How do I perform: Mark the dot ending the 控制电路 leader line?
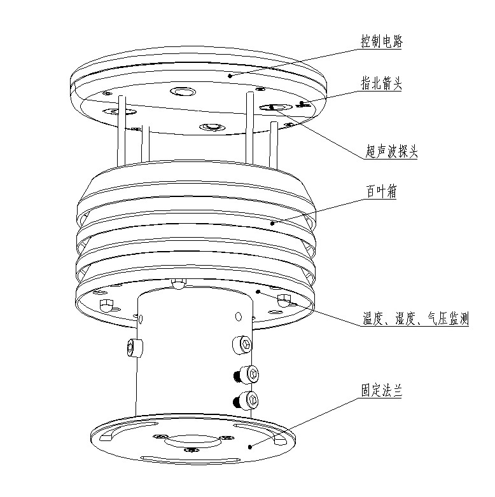click(230, 75)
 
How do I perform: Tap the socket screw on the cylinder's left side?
click(134, 347)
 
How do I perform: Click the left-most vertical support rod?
click(120, 130)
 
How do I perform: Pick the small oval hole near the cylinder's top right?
click(238, 317)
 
